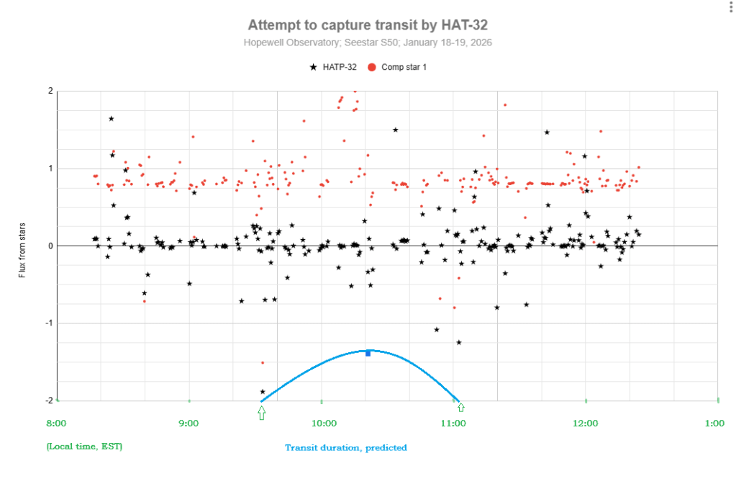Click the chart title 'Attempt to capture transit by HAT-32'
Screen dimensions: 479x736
pos(368,25)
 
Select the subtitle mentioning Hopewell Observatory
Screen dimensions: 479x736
pos(368,43)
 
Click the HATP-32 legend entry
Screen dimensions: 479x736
pos(333,67)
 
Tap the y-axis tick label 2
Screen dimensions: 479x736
pos(50,91)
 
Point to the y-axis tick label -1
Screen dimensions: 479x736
pos(48,323)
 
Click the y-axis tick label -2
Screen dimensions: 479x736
pos(48,400)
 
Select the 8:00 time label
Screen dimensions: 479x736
pos(57,424)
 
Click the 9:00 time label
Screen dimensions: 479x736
pos(188,424)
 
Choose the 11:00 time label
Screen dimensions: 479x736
pos(454,424)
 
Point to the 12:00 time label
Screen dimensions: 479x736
pos(586,424)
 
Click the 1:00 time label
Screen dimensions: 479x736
pos(715,424)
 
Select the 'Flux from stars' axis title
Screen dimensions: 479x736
pos(22,246)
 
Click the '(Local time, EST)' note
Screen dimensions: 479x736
pos(84,447)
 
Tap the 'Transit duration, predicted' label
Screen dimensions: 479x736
pos(345,447)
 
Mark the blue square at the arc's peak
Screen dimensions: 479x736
pos(368,353)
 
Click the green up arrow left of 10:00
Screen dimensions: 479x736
pos(261,412)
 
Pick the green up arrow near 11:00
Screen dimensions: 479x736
pos(461,408)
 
